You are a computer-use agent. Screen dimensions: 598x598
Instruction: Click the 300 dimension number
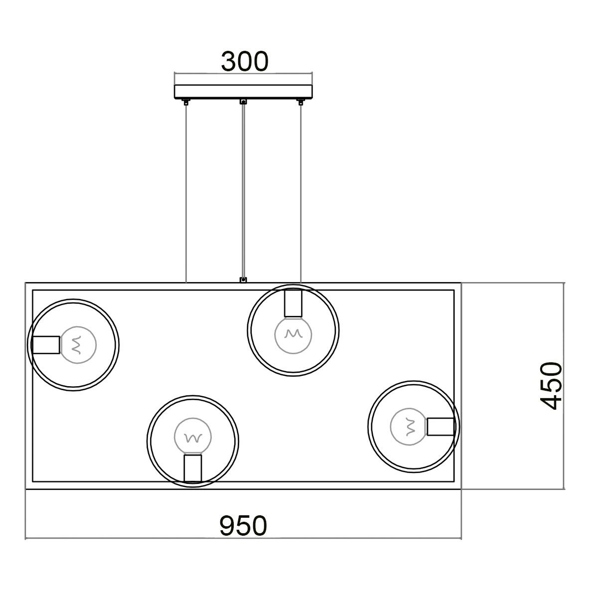pos(245,61)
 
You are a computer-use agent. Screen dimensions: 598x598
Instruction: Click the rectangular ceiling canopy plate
pos(243,92)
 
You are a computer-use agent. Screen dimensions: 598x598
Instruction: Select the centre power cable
pos(243,191)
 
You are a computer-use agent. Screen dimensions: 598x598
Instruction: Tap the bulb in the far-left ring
pos(78,345)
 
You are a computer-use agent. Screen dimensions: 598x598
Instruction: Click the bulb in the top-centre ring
pos(293,335)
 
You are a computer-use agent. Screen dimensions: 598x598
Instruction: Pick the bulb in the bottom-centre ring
pos(193,437)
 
